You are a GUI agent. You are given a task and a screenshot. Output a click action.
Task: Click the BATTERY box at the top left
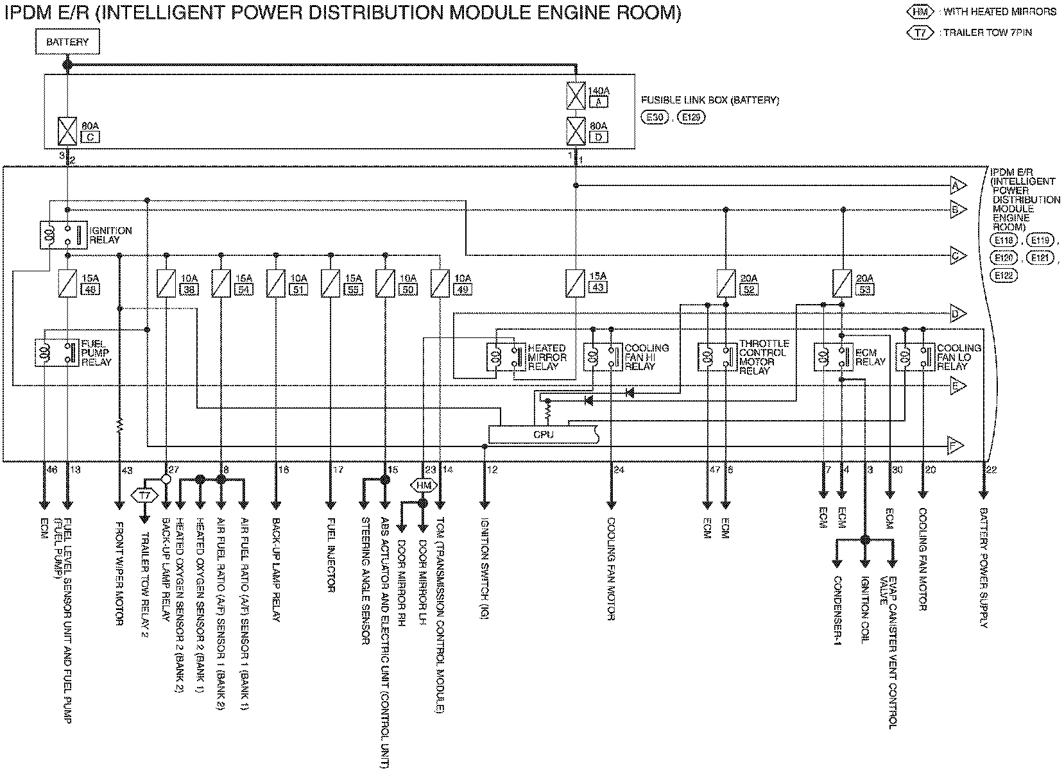(x=67, y=42)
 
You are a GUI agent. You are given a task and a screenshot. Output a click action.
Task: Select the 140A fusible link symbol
(x=576, y=96)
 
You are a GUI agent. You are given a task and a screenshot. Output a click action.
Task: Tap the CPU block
(x=544, y=434)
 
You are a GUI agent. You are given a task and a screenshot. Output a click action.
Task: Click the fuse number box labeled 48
(x=89, y=289)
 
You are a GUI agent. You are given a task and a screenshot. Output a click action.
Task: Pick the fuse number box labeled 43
(x=597, y=288)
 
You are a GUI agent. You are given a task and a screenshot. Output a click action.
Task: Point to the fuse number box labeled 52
(x=749, y=289)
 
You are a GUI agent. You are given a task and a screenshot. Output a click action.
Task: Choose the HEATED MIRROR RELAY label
(x=547, y=357)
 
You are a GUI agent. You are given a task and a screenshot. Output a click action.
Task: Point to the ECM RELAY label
(x=870, y=357)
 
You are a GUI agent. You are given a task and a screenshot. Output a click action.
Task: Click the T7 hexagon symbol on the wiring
(x=144, y=495)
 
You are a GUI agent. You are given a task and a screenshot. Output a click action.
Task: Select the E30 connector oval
(x=656, y=118)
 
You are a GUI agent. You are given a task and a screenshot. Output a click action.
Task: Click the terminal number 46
(x=52, y=470)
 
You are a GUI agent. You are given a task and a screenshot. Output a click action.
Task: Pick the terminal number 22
(x=991, y=470)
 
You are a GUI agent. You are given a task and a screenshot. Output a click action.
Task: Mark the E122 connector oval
(x=1004, y=275)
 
